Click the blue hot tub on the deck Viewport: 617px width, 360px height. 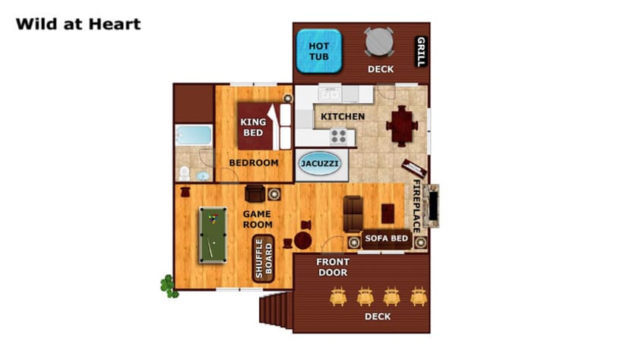318,51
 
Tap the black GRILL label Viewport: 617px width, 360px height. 421,52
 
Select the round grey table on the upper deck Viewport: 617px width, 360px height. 379,41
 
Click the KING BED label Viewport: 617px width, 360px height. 253,127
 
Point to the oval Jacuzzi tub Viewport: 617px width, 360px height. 319,163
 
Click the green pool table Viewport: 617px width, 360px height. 213,235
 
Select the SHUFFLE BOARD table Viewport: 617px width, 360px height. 263,258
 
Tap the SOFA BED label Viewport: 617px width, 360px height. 387,238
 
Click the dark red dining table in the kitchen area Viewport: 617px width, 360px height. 402,126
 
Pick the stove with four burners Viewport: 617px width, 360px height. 338,137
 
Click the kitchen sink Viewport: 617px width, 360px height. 330,94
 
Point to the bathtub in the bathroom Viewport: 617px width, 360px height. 194,135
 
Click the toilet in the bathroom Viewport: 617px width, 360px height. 184,173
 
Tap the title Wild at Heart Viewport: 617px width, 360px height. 78,24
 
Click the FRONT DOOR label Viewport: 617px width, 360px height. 333,267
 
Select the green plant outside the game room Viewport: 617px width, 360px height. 169,286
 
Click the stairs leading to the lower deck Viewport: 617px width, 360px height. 276,310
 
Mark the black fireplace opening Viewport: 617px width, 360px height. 433,206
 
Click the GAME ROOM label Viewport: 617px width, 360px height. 258,219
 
